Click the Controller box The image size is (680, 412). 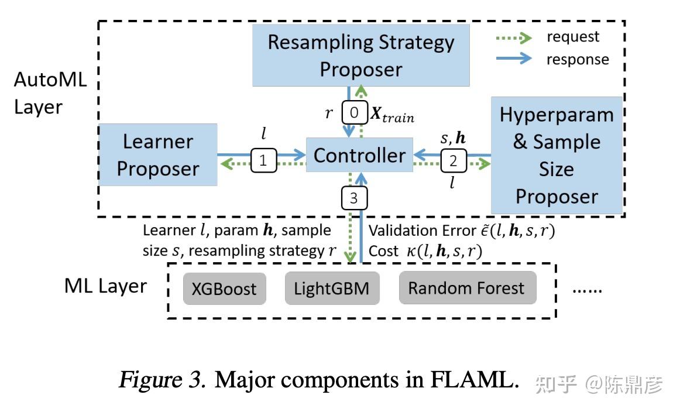(359, 155)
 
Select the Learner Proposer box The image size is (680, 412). (158, 155)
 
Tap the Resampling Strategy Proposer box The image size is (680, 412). (361, 56)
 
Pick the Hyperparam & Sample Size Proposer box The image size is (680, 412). (556, 155)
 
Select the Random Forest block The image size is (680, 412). (466, 288)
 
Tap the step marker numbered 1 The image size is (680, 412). (263, 160)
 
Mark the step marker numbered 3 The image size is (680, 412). (353, 198)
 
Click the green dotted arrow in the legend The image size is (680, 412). (514, 37)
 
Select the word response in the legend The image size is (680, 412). (577, 59)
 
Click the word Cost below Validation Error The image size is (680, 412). (383, 252)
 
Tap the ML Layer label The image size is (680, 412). (105, 286)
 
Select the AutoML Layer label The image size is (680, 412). (50, 94)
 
